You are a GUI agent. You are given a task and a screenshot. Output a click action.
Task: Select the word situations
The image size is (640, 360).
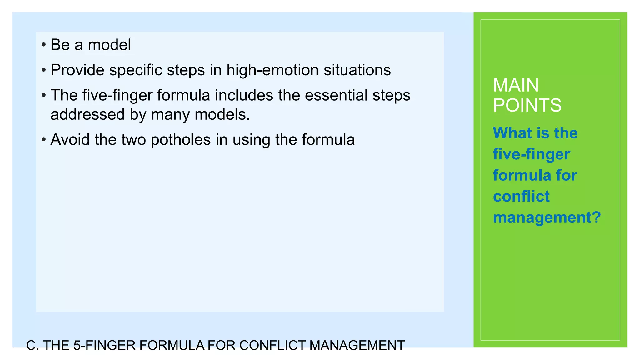[x=357, y=70]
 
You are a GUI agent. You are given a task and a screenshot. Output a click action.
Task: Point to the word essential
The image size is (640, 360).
[x=336, y=95]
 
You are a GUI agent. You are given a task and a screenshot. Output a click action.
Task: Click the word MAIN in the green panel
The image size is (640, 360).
[x=516, y=85]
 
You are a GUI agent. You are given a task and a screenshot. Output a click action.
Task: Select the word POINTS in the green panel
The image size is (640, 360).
[x=527, y=105]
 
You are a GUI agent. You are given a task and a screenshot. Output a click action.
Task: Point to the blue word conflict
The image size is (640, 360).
[x=521, y=197]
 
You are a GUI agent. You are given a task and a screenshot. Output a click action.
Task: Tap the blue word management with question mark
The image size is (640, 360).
[x=547, y=217]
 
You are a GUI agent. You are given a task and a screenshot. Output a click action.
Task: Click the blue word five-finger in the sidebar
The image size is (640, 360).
[x=531, y=154]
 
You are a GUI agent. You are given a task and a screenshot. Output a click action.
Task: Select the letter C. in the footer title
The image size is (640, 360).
[x=32, y=346]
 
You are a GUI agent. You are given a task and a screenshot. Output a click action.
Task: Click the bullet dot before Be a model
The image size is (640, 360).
[x=44, y=45]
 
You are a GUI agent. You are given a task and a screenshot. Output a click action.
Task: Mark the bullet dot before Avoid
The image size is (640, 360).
[x=44, y=140]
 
